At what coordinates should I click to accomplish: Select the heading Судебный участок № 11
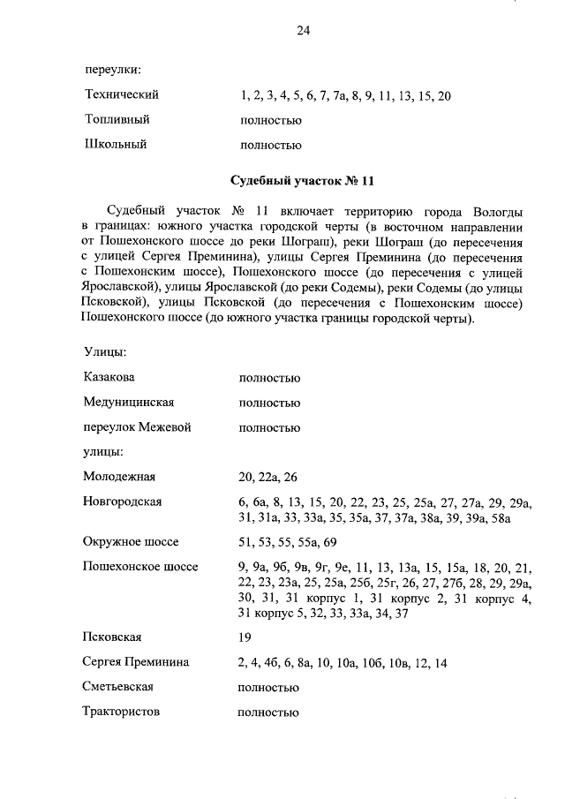[303, 181]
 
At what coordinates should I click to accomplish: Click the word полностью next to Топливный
[270, 119]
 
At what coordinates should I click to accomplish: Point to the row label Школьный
[115, 144]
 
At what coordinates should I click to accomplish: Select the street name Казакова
[109, 378]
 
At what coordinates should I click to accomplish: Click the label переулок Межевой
[137, 427]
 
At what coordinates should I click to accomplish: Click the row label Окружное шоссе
[131, 541]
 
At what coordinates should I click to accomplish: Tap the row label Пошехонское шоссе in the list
[140, 566]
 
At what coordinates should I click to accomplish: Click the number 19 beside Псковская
[245, 637]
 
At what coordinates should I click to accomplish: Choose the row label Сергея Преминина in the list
[136, 662]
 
